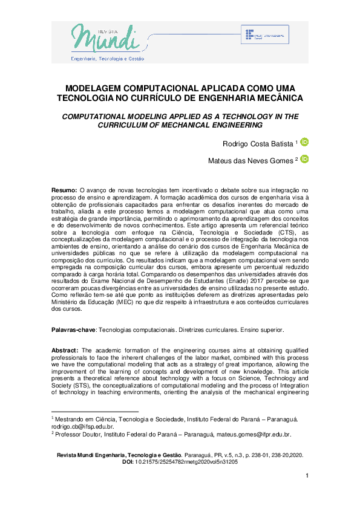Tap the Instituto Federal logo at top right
pos(266,36)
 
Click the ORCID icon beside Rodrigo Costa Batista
pos(304,143)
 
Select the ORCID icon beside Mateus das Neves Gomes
pos(304,159)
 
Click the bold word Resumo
pos(64,190)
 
